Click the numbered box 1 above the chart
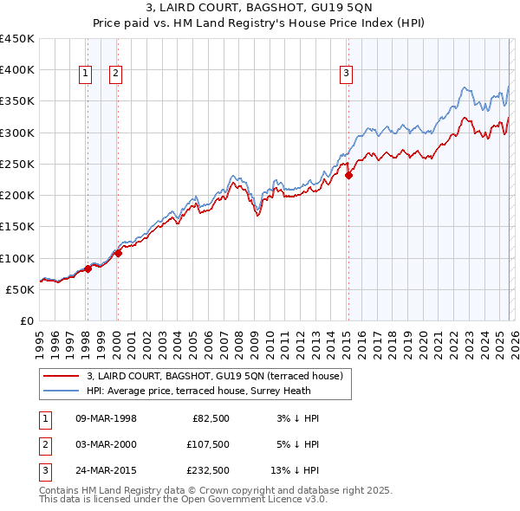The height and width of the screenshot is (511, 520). coord(86,74)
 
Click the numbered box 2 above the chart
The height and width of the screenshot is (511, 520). coord(115,74)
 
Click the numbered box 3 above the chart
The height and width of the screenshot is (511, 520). coord(346,74)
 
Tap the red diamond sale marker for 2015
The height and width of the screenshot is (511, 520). coord(348,175)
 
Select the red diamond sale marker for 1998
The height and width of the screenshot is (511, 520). coord(88,268)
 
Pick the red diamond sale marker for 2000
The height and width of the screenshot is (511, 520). coord(118,253)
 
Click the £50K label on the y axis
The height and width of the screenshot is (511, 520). coord(21,289)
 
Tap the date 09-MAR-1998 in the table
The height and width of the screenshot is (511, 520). coord(106,418)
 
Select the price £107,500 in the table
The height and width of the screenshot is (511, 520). coord(207,443)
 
